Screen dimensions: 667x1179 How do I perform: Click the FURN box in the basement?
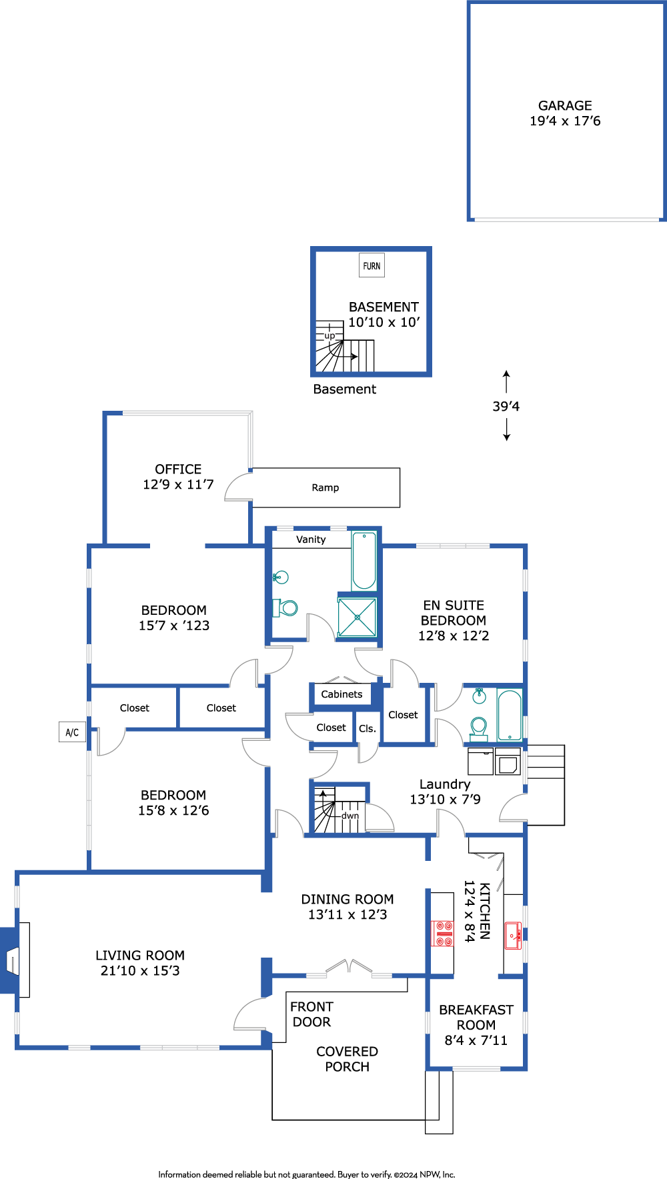coord(372,265)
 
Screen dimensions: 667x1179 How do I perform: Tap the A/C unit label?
coord(72,732)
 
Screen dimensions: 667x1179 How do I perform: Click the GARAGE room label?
coord(565,105)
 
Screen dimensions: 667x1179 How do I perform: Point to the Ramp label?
coord(325,487)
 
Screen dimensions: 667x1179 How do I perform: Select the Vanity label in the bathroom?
coord(311,539)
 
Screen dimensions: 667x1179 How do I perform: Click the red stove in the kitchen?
coord(444,934)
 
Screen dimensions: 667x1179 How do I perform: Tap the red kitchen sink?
coord(512,936)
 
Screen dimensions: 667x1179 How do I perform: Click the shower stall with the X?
coord(357,617)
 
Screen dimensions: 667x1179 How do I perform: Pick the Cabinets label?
coord(342,694)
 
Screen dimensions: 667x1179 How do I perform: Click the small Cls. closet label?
coord(368,729)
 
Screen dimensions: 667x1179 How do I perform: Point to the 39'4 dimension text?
coord(506,406)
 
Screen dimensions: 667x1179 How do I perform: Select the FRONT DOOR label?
coord(311,1014)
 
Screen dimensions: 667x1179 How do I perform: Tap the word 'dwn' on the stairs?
coord(350,816)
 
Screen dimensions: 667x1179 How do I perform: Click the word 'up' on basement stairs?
coord(329,336)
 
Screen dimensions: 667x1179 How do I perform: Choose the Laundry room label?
coord(445,784)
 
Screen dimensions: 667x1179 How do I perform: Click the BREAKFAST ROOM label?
coord(476,1018)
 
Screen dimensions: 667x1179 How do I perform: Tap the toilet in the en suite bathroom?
coord(478,729)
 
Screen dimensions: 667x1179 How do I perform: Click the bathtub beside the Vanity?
coord(364,560)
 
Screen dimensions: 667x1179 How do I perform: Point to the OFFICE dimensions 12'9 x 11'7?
coord(178,485)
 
